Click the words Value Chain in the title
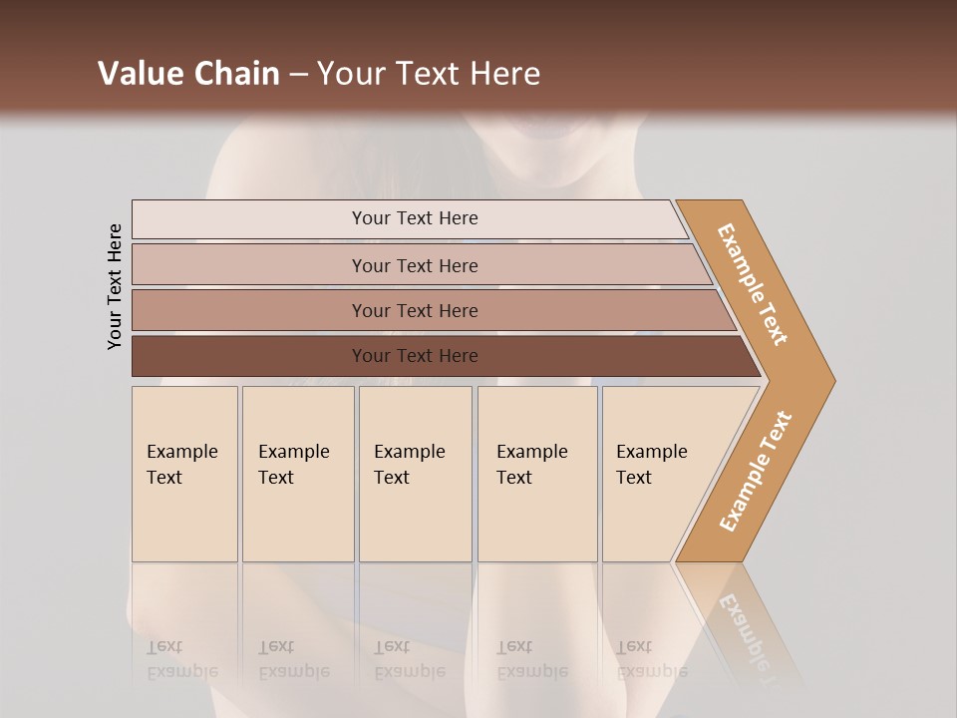click(x=188, y=74)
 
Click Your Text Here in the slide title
click(x=429, y=74)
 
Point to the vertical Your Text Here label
click(x=115, y=286)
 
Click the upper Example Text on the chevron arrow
click(x=754, y=284)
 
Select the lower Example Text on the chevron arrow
click(x=755, y=472)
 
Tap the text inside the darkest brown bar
click(x=415, y=356)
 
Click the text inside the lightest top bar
click(x=415, y=218)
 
